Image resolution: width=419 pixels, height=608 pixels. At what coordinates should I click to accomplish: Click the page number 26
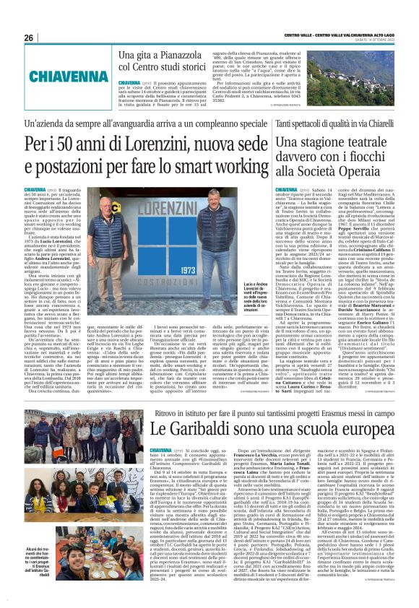28,38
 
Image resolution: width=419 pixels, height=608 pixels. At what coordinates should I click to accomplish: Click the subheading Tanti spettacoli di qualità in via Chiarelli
337,125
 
